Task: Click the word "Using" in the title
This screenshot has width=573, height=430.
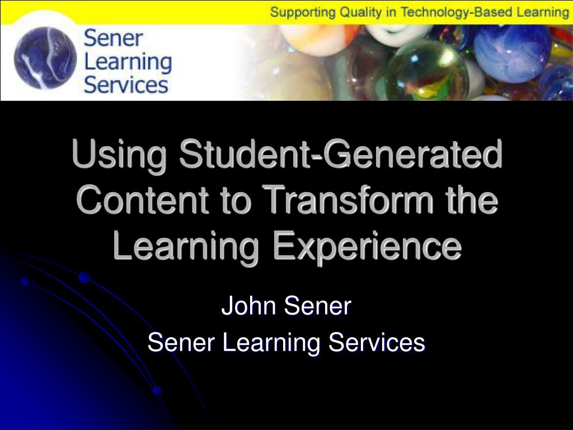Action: [x=120, y=154]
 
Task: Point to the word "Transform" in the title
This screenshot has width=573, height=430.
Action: [x=347, y=200]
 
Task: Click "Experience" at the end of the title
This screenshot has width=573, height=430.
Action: [x=367, y=246]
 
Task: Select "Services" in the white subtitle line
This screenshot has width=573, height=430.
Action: [x=377, y=343]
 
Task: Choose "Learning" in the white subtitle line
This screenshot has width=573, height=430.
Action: [x=271, y=344]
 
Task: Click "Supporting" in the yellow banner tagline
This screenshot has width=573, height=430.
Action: [x=303, y=12]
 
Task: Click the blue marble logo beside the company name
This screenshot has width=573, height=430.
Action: [x=45, y=58]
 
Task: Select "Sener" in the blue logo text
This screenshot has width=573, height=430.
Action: [x=113, y=38]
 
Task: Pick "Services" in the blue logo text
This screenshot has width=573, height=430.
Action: [x=126, y=85]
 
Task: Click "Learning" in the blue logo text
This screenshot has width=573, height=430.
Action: [x=128, y=63]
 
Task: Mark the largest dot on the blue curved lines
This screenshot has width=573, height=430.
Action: [x=84, y=277]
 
